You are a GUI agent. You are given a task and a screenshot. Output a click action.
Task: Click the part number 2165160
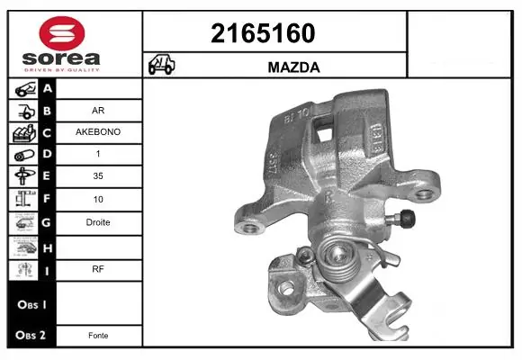(262, 33)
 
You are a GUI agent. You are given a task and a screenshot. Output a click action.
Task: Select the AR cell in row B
(99, 111)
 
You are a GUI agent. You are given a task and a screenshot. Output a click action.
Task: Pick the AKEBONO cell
(99, 132)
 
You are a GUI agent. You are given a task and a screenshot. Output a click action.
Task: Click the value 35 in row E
(99, 177)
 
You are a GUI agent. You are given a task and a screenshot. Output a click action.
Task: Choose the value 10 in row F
(99, 200)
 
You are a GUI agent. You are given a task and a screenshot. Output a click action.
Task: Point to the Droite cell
(99, 222)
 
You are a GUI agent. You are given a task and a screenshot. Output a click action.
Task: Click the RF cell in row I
(99, 267)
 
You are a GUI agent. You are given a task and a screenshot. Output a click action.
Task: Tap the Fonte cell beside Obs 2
(99, 335)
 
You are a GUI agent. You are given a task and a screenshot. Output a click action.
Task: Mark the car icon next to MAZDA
(162, 67)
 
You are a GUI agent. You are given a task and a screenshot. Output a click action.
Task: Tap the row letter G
(47, 222)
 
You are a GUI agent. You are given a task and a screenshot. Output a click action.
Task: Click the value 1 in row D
(99, 155)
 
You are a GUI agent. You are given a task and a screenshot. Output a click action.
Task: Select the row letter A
(47, 88)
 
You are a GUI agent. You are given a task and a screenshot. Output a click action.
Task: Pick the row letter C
(47, 132)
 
